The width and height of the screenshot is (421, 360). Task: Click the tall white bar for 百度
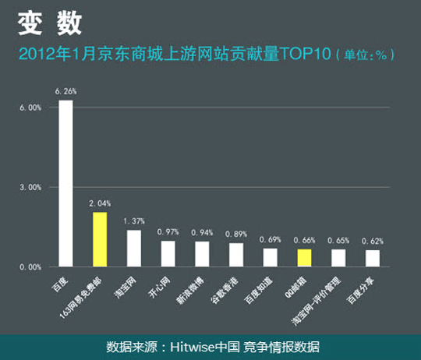(66, 183)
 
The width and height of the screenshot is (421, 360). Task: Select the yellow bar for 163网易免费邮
(100, 239)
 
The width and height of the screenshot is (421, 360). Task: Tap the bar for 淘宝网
(134, 248)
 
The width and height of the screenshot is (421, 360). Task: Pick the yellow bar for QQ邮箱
(304, 257)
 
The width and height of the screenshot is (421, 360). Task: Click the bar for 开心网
(168, 253)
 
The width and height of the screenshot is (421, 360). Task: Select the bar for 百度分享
(373, 258)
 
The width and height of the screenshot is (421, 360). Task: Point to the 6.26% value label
(65, 91)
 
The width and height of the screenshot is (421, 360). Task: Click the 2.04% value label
(100, 203)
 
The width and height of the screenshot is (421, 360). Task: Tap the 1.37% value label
(134, 221)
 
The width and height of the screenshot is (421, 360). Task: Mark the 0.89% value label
(235, 234)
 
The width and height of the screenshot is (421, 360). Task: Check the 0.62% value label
(373, 242)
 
